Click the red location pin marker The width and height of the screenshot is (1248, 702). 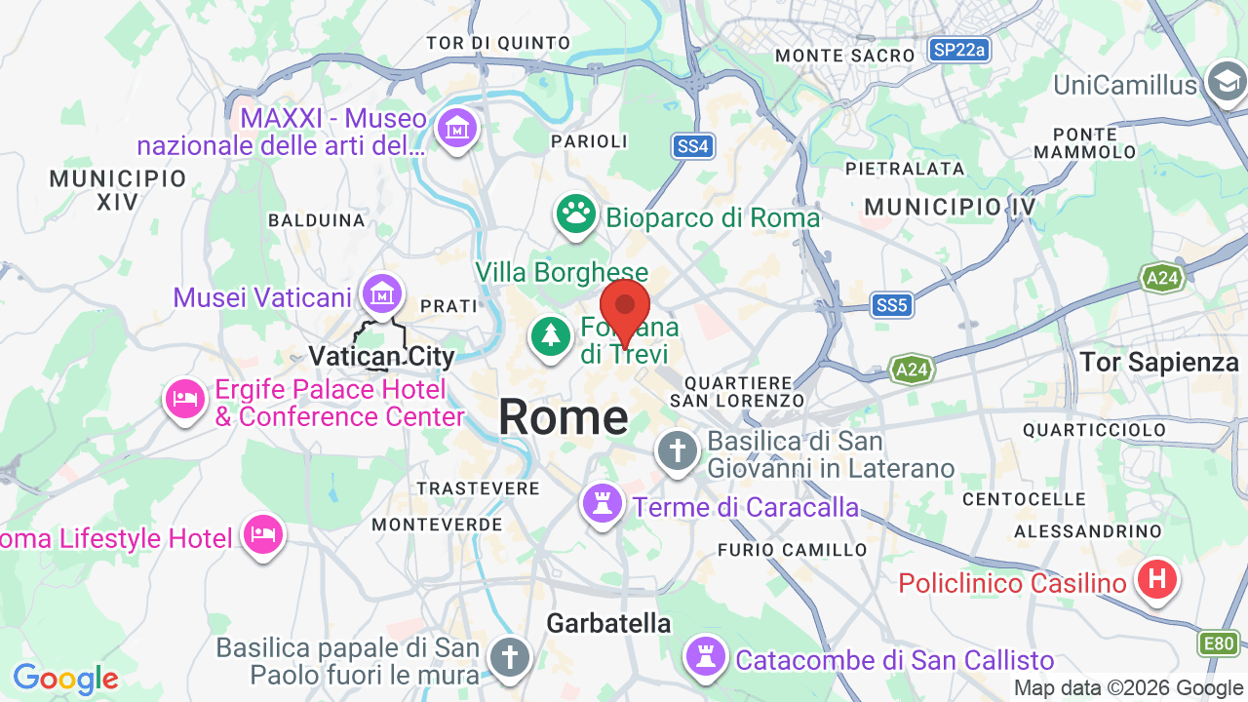(x=625, y=308)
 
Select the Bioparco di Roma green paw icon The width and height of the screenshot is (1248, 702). (x=576, y=213)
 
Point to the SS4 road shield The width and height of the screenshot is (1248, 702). (x=693, y=147)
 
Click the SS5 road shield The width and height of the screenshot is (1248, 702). (x=891, y=306)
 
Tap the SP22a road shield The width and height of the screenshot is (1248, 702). (x=958, y=50)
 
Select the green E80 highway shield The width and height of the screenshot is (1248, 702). (x=1219, y=643)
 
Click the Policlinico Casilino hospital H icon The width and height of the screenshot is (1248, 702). (x=1157, y=580)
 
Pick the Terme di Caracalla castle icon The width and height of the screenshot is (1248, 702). (x=603, y=503)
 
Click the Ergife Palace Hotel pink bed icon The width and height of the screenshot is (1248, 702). (x=185, y=398)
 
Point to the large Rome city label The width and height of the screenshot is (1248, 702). (x=564, y=417)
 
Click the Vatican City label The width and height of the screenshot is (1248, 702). (x=381, y=357)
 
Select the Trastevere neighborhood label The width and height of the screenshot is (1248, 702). (x=478, y=487)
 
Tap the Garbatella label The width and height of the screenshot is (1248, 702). (x=608, y=623)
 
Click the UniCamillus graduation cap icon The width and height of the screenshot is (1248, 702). (x=1227, y=83)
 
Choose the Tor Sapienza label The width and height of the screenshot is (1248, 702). (x=1159, y=363)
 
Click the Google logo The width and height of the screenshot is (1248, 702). (x=65, y=679)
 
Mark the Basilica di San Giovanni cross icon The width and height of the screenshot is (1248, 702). (x=678, y=451)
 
